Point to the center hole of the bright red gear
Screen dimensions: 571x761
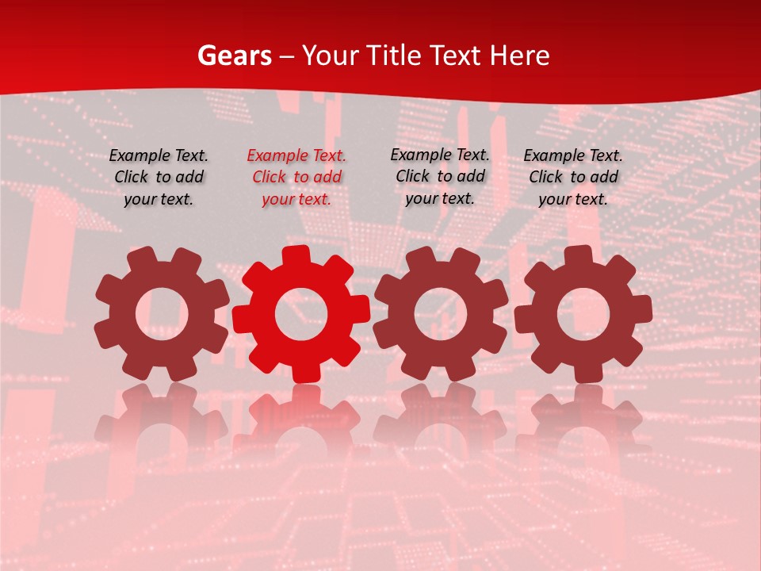[301, 315]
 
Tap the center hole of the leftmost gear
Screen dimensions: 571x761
[162, 313]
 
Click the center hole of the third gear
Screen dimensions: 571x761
[440, 313]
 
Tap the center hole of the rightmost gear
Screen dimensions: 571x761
[583, 313]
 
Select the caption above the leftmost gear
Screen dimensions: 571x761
[159, 177]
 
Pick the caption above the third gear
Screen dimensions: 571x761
[440, 176]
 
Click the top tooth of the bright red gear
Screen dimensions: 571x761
[296, 256]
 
